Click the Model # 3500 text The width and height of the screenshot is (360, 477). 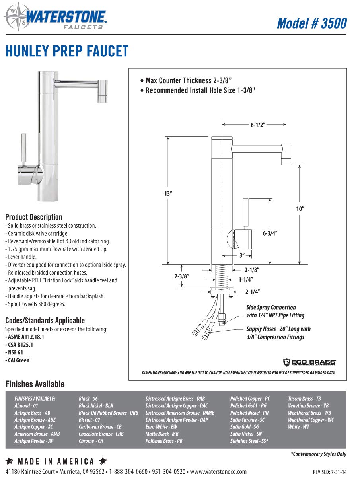pos(311,23)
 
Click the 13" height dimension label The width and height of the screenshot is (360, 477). pos(168,193)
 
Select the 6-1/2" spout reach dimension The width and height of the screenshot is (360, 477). pos(257,125)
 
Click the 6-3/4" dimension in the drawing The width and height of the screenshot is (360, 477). pos(270,234)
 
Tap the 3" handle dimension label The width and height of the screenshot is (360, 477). pos(242,256)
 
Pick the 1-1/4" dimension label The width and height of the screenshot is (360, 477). pos(246,280)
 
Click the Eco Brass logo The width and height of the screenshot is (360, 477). pos(309,362)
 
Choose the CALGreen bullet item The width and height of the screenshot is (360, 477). pos(18,360)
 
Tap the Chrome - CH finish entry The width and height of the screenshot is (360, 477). pos(91,441)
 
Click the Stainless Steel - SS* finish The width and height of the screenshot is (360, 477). pos(249,441)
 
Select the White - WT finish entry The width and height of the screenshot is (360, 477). pos(298,427)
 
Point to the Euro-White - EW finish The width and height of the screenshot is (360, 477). pos(161,427)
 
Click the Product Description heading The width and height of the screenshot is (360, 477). pos(33,217)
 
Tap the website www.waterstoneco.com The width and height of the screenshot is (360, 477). pos(218,471)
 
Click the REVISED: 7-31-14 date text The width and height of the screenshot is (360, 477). pos(329,472)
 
